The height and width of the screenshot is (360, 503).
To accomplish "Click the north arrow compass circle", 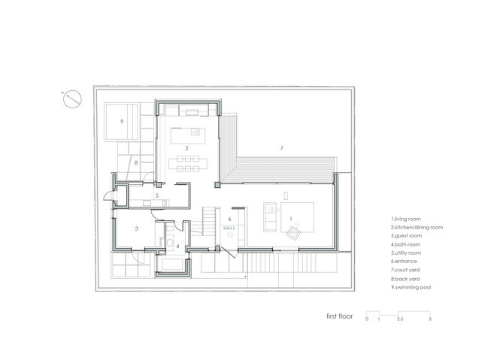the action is (x=72, y=99).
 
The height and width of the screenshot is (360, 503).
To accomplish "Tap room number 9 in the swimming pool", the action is (x=122, y=122).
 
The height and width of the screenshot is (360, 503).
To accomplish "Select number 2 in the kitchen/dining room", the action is (x=186, y=148).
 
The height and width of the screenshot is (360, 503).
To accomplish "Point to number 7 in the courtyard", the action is (x=282, y=148).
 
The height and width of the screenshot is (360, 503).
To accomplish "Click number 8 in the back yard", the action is (x=136, y=163).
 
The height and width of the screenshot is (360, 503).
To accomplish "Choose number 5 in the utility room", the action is (x=157, y=195).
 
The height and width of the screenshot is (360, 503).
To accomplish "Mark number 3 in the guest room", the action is (x=137, y=228).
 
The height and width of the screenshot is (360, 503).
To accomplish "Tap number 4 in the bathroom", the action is (x=177, y=247).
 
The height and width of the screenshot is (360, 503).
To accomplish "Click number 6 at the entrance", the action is (x=229, y=219).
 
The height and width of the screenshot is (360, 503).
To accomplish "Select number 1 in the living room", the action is (x=291, y=219).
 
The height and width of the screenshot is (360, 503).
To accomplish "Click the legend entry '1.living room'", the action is (x=406, y=219).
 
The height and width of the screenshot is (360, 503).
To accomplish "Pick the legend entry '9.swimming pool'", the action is (x=411, y=287).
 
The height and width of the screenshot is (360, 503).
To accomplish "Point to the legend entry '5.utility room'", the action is (x=406, y=253).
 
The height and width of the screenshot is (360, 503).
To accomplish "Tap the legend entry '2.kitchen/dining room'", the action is (x=417, y=227).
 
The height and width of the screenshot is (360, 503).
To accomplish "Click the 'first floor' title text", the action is (x=340, y=316).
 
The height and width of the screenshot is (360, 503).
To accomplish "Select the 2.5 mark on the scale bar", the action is (x=400, y=319).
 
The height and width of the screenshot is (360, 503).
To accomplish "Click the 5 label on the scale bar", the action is (x=430, y=319).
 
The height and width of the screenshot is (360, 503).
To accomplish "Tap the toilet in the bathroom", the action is (x=170, y=228).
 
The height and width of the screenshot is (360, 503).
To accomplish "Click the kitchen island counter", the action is (x=188, y=136).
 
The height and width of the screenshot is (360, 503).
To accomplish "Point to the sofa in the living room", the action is (x=270, y=217).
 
